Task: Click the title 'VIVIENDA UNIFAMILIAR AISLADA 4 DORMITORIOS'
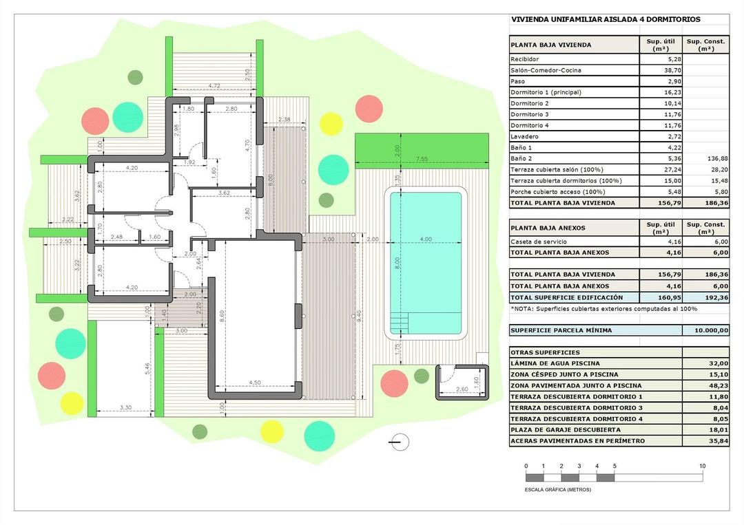605,20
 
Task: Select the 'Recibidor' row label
525,59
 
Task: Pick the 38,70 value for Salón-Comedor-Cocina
651,70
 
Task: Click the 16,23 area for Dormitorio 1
651,92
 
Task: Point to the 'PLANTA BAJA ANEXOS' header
548,227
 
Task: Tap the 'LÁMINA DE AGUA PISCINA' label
555,363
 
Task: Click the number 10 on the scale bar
702,466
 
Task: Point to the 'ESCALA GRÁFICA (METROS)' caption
558,489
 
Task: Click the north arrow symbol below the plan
399,442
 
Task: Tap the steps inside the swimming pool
400,323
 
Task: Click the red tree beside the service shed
394,383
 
